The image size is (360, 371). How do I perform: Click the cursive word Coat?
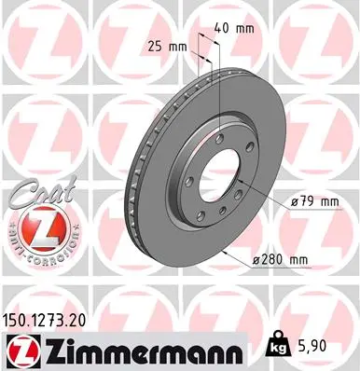tap(37, 193)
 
